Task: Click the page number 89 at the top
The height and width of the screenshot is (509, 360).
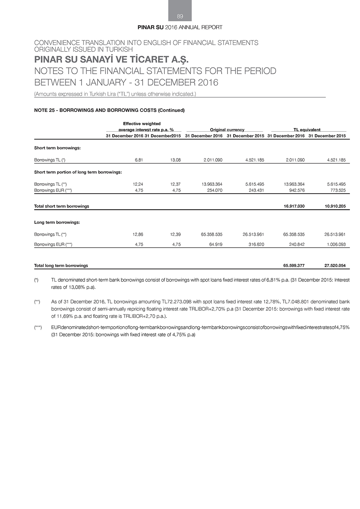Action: pyautogui.click(x=180, y=16)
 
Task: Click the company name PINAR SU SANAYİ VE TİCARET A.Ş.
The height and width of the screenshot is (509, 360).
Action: pyautogui.click(x=111, y=59)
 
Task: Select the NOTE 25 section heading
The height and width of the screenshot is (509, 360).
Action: pyautogui.click(x=109, y=111)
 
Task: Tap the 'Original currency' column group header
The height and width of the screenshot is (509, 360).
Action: pyautogui.click(x=227, y=130)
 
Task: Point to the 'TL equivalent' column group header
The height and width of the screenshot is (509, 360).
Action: pyautogui.click(x=307, y=130)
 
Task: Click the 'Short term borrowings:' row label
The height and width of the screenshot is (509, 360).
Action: pyautogui.click(x=57, y=148)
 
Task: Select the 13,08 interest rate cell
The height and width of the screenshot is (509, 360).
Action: pyautogui.click(x=175, y=160)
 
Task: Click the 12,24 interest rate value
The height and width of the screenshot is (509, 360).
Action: pyautogui.click(x=138, y=184)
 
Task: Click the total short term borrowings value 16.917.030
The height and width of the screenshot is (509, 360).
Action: pyautogui.click(x=294, y=206)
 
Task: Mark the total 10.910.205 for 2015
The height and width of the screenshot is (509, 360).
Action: pyautogui.click(x=335, y=206)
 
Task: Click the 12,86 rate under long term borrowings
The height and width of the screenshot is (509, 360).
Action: pyautogui.click(x=138, y=234)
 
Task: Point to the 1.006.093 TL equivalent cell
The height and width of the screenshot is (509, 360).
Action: pyautogui.click(x=336, y=244)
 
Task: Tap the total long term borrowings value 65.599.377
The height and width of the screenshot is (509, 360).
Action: pyautogui.click(x=294, y=266)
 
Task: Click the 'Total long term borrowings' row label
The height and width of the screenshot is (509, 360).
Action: pyautogui.click(x=61, y=266)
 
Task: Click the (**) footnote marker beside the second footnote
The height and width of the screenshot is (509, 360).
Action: pyautogui.click(x=37, y=302)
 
